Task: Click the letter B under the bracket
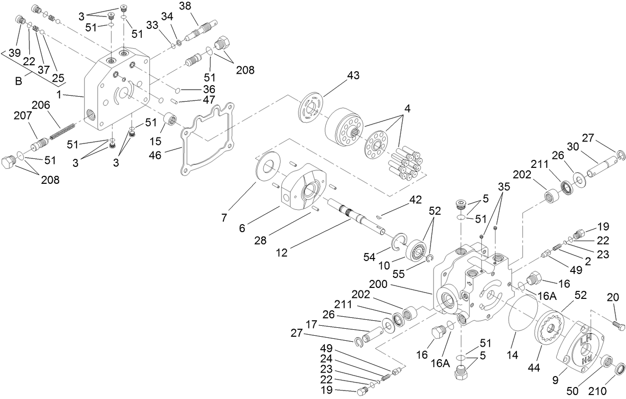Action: click(18, 81)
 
